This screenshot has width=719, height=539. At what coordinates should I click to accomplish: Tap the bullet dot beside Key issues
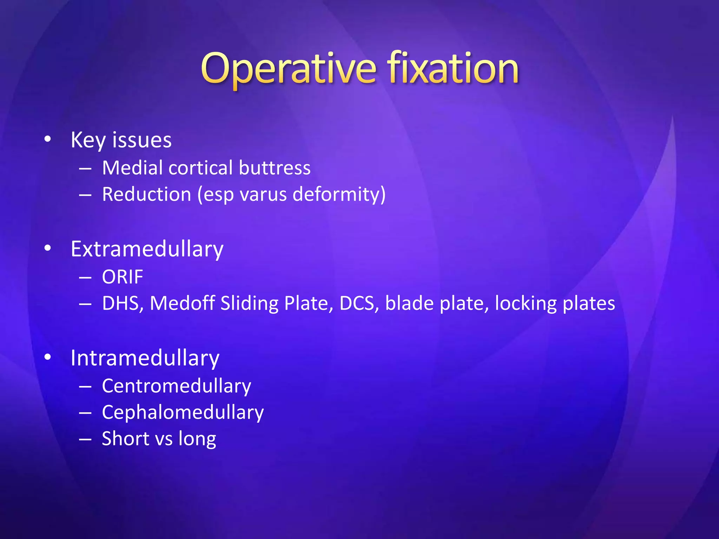point(48,139)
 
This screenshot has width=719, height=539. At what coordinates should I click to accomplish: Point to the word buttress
point(275,168)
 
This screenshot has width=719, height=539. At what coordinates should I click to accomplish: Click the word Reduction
point(146,194)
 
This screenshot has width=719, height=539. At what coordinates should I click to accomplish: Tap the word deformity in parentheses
point(337,195)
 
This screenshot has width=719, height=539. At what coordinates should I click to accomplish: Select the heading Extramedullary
point(147,249)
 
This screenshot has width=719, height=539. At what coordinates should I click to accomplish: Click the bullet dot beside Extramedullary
point(48,248)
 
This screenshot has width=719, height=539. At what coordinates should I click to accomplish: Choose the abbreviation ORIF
point(123,277)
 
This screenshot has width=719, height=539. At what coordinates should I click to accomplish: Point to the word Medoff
point(182,303)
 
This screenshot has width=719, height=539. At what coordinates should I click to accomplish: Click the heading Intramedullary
point(145,358)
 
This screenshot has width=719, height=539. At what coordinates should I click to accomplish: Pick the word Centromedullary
point(176,386)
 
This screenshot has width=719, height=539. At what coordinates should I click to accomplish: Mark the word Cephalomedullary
point(183,413)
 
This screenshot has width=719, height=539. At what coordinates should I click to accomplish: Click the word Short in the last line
point(125,439)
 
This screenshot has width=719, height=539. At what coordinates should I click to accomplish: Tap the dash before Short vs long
point(85,439)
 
